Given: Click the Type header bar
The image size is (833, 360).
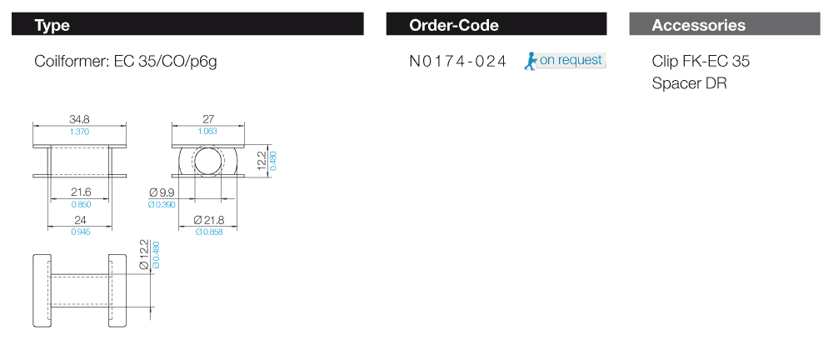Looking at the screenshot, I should pyautogui.click(x=188, y=25).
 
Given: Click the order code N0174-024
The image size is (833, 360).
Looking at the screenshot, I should pyautogui.click(x=458, y=62).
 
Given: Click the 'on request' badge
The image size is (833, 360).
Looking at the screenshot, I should pyautogui.click(x=571, y=60).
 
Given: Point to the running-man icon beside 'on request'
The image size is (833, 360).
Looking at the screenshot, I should pyautogui.click(x=530, y=61).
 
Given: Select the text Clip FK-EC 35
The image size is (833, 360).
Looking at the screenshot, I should pyautogui.click(x=701, y=62).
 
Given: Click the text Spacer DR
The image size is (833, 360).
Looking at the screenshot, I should pyautogui.click(x=690, y=83).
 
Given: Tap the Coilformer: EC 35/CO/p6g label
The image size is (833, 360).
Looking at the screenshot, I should pyautogui.click(x=126, y=62).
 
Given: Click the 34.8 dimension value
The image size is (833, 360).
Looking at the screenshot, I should pyautogui.click(x=80, y=119).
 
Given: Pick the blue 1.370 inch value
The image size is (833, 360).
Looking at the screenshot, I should pyautogui.click(x=80, y=132).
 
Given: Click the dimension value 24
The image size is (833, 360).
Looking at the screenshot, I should pyautogui.click(x=80, y=219).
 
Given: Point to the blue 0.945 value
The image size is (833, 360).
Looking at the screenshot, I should pyautogui.click(x=80, y=232).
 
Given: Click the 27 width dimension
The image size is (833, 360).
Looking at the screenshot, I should pyautogui.click(x=209, y=119).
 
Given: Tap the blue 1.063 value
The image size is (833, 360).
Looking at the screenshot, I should pyautogui.click(x=209, y=132).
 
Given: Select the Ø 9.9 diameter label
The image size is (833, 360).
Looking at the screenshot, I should pyautogui.click(x=161, y=192).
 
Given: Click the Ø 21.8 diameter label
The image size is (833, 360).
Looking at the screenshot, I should pyautogui.click(x=209, y=219).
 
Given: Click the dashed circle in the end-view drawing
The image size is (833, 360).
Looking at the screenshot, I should pyautogui.click(x=208, y=162).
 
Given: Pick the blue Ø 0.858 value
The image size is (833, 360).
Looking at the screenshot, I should pyautogui.click(x=209, y=232).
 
